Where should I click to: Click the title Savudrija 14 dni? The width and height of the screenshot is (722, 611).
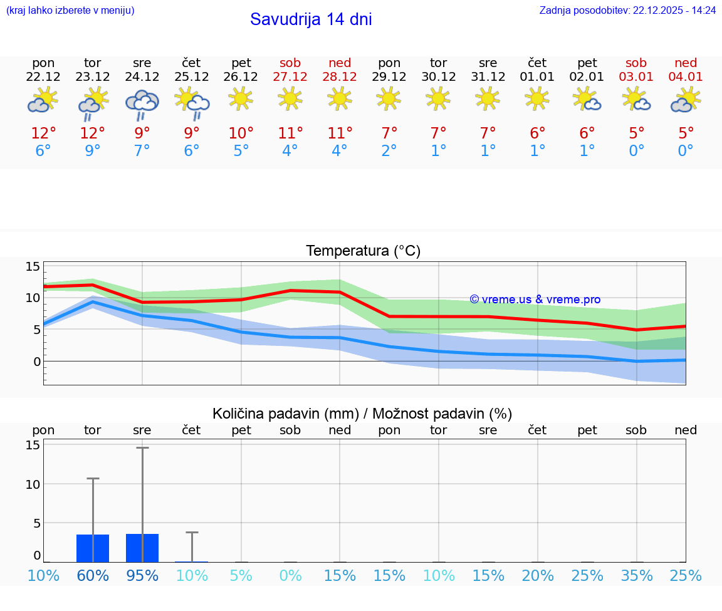(x=311, y=19)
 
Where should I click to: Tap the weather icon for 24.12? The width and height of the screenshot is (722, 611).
(x=142, y=103)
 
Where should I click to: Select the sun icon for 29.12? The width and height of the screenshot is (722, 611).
(x=389, y=98)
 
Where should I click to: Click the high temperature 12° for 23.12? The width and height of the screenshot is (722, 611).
(x=93, y=133)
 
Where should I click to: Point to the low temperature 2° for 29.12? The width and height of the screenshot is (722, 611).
(x=389, y=151)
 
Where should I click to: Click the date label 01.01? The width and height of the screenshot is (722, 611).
(x=537, y=76)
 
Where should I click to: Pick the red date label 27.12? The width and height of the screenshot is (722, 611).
(x=290, y=76)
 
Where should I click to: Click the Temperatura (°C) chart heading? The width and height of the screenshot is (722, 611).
(x=363, y=251)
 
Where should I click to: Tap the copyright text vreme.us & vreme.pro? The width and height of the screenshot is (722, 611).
(x=535, y=300)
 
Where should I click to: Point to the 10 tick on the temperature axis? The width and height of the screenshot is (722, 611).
(x=33, y=298)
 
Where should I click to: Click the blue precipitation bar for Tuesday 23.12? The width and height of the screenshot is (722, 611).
(x=93, y=548)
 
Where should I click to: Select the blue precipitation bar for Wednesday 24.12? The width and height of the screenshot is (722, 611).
(x=142, y=548)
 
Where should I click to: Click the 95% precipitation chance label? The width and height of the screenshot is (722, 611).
(x=142, y=576)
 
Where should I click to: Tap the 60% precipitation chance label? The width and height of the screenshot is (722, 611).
(x=93, y=576)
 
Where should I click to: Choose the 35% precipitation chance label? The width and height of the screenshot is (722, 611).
(x=637, y=576)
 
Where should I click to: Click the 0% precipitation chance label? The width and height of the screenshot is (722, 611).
(x=290, y=576)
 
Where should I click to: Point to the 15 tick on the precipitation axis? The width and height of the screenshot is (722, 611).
(x=33, y=445)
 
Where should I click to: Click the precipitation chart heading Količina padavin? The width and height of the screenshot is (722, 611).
(x=362, y=414)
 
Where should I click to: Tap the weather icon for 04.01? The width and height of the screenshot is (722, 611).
(x=686, y=100)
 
